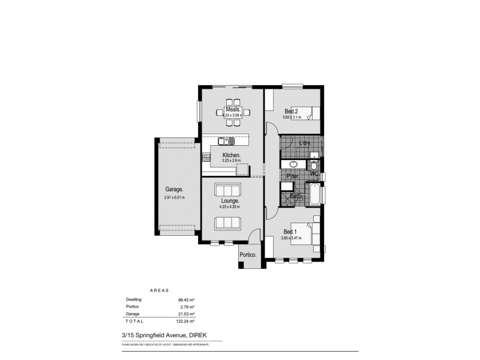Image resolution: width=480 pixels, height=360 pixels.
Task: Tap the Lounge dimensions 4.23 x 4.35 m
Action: pos(230,207)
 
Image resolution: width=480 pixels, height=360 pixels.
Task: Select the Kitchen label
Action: pos(231,155)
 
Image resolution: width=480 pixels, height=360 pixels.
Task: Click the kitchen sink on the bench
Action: pos(227,142)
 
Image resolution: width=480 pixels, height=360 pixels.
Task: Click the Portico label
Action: pos(248,255)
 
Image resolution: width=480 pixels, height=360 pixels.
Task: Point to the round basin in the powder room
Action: pos(294,164)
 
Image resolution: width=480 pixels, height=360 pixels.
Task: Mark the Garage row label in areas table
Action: pos(133,314)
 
